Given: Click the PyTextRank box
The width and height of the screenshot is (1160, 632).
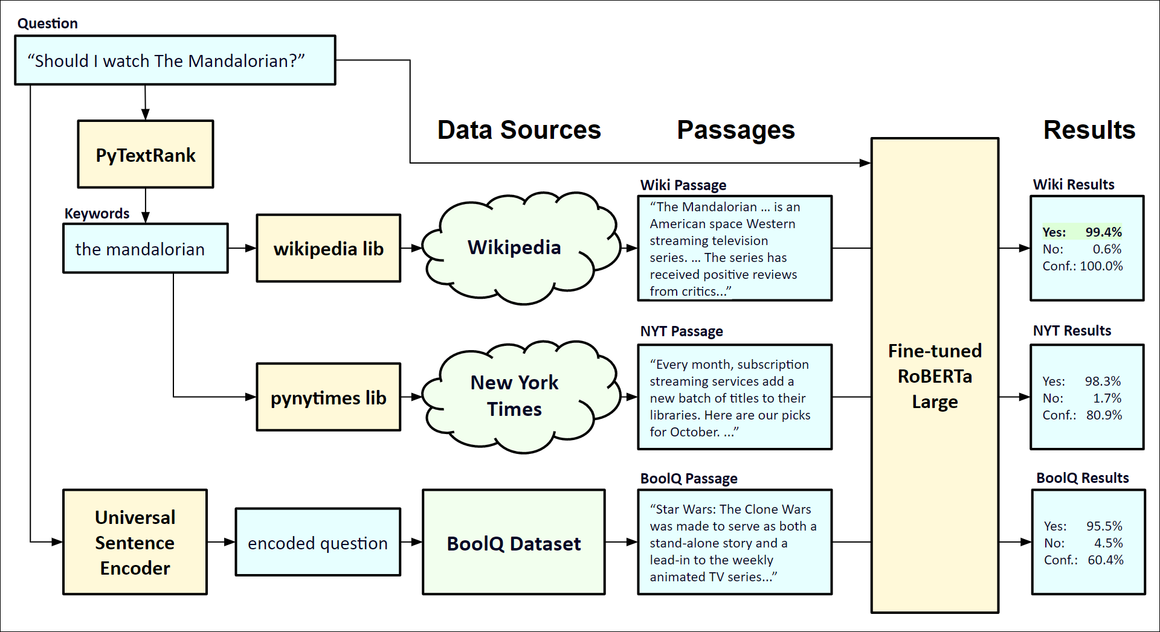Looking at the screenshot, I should pyautogui.click(x=146, y=155).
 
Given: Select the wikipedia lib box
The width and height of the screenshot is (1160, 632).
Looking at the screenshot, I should pyautogui.click(x=328, y=248).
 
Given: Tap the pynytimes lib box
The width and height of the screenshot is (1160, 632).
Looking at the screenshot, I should pyautogui.click(x=328, y=397).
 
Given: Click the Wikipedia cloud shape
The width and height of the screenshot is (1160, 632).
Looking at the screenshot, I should pyautogui.click(x=514, y=247).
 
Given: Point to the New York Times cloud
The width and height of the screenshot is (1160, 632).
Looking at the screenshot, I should pyautogui.click(x=514, y=395).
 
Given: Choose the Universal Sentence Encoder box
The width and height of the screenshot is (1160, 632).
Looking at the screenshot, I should pyautogui.click(x=135, y=542).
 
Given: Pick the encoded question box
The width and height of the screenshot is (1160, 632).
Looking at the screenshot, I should pyautogui.click(x=318, y=542).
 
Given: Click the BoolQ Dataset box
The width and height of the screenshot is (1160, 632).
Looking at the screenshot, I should pyautogui.click(x=514, y=543).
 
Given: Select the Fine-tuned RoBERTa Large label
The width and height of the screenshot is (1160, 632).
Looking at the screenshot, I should pyautogui.click(x=935, y=376).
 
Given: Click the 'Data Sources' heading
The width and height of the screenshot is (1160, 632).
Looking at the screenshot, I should pyautogui.click(x=519, y=130).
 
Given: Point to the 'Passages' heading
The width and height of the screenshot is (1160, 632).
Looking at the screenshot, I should pyautogui.click(x=735, y=130).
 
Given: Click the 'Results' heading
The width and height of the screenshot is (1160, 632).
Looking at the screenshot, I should pyautogui.click(x=1089, y=130).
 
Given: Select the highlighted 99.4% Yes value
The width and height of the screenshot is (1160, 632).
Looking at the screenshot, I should pyautogui.click(x=1103, y=232).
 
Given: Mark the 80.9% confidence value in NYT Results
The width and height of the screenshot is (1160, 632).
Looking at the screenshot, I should pyautogui.click(x=1104, y=415).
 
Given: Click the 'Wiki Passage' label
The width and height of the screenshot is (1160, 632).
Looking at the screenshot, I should pyautogui.click(x=683, y=185).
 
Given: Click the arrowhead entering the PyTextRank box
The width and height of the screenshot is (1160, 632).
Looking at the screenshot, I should pyautogui.click(x=146, y=115).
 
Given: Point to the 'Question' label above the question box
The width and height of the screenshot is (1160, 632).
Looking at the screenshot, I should pyautogui.click(x=48, y=24).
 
